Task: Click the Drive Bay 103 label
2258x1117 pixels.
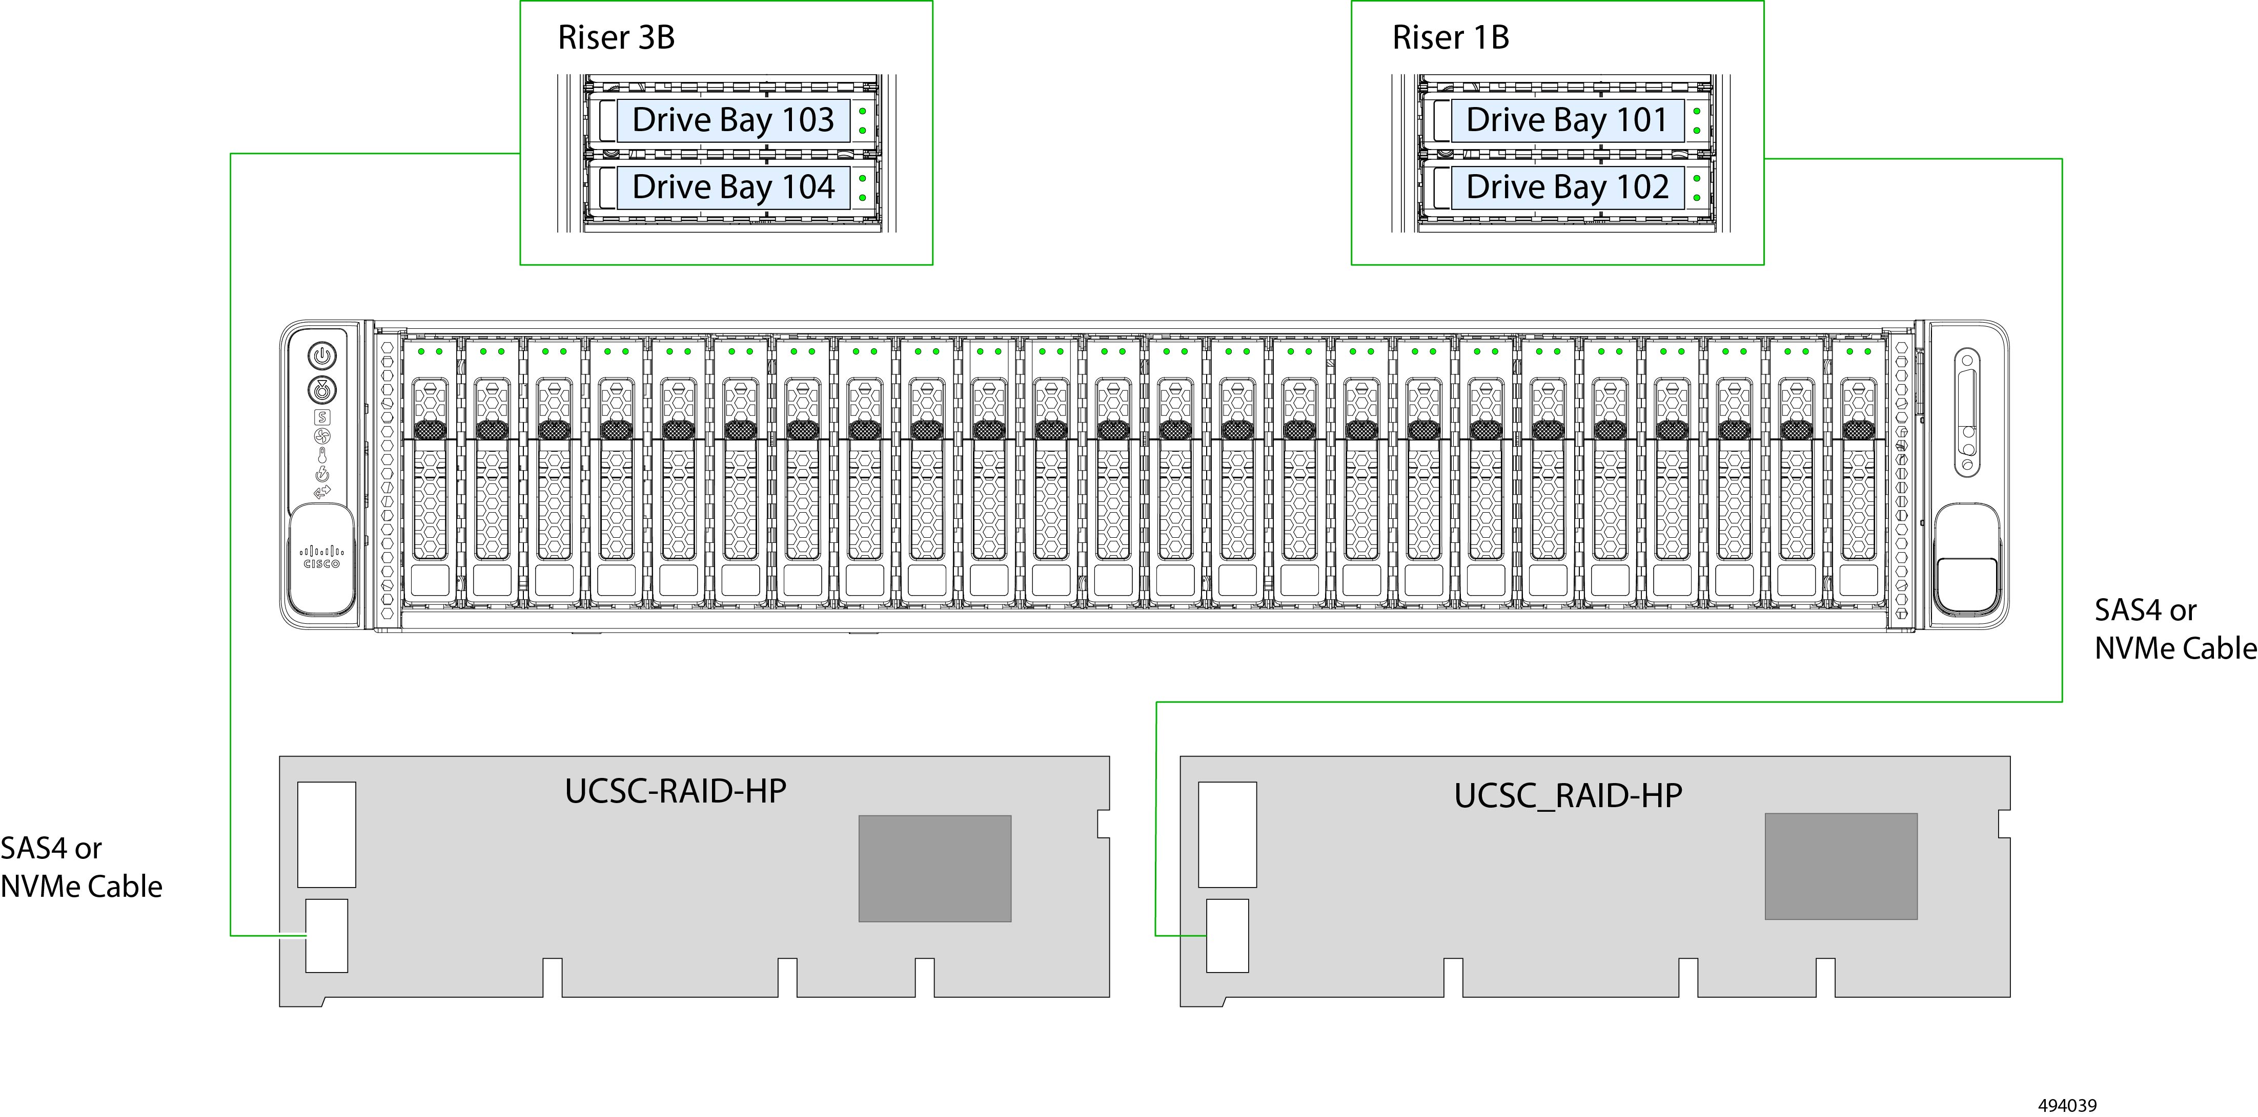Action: (733, 120)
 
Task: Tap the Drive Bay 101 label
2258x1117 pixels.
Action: (1567, 120)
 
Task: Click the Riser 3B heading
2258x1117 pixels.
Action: (616, 38)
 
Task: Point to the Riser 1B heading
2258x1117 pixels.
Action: (1451, 38)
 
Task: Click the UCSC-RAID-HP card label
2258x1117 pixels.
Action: (675, 791)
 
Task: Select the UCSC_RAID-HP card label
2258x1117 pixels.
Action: (1568, 795)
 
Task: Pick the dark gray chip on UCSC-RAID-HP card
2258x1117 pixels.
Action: (934, 868)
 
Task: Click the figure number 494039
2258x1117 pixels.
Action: (2067, 1106)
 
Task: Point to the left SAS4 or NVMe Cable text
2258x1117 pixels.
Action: (80, 867)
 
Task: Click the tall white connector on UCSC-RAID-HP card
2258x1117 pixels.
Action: (326, 834)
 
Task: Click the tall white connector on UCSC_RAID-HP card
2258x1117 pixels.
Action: (1227, 834)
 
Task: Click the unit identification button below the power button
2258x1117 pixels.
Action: (322, 390)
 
